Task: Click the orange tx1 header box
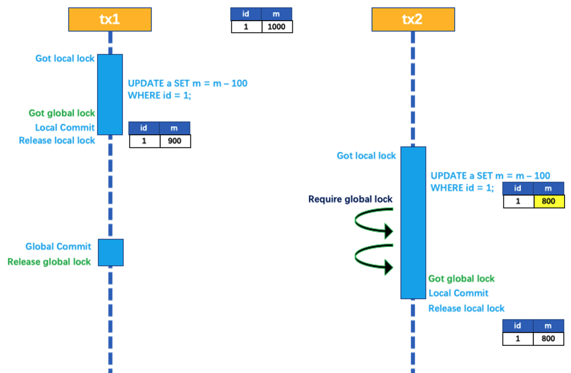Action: pyautogui.click(x=110, y=19)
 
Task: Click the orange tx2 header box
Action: pyautogui.click(x=413, y=19)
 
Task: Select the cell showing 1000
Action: pyautogui.click(x=277, y=27)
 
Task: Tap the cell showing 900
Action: pyautogui.click(x=175, y=141)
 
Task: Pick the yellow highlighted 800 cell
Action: pyautogui.click(x=549, y=201)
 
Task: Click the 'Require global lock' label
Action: pyautogui.click(x=350, y=199)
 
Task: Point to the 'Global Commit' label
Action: pyautogui.click(x=58, y=247)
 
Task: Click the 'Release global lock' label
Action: pyautogui.click(x=49, y=262)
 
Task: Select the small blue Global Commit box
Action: pyautogui.click(x=111, y=253)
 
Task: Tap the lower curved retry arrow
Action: pyautogui.click(x=373, y=258)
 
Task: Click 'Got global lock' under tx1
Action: pyautogui.click(x=62, y=113)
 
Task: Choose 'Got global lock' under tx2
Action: pyautogui.click(x=461, y=279)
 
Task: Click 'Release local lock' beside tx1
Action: pyautogui.click(x=57, y=140)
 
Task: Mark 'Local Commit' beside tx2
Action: pyautogui.click(x=458, y=293)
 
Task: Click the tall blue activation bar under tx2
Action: pyautogui.click(x=413, y=223)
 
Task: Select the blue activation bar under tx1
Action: pyautogui.click(x=110, y=94)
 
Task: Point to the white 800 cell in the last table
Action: pyautogui.click(x=548, y=339)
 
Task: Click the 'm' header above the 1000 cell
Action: pyautogui.click(x=276, y=14)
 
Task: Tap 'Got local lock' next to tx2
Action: pyautogui.click(x=366, y=156)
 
